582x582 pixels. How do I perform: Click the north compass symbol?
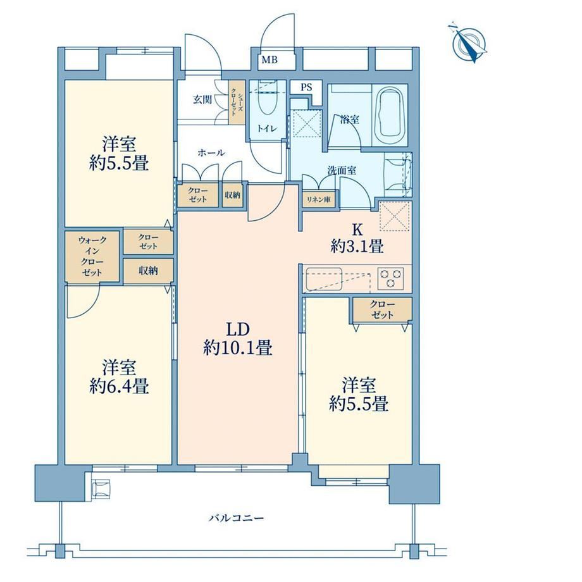coord(467,44)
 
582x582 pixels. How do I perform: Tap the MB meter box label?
coord(269,59)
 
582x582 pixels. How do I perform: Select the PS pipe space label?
coord(306,87)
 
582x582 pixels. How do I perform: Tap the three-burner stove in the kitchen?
coord(390,278)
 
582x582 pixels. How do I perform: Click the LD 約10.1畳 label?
coord(238,338)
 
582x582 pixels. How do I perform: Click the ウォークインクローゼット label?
coord(92,256)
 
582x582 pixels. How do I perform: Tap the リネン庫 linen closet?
coord(318,199)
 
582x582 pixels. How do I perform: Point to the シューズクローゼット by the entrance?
coord(237,102)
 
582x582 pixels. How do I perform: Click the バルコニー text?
coord(236,517)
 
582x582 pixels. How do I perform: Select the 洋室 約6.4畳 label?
coord(119,376)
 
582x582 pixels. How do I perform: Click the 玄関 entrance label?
coord(202,99)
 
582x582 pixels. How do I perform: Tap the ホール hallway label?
coord(211,152)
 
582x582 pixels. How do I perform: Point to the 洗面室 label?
coord(342,170)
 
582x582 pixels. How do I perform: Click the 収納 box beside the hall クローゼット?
coord(232,194)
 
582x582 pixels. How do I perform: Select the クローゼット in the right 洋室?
coord(382,309)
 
